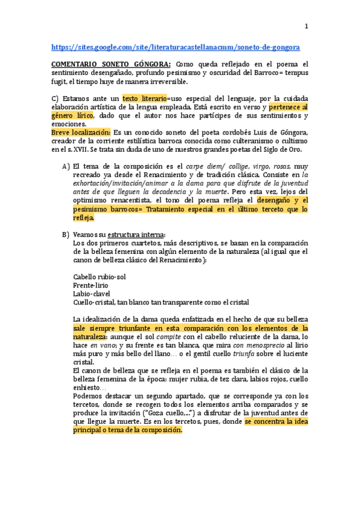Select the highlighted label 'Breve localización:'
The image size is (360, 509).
(82, 132)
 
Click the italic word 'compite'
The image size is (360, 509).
(169, 337)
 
